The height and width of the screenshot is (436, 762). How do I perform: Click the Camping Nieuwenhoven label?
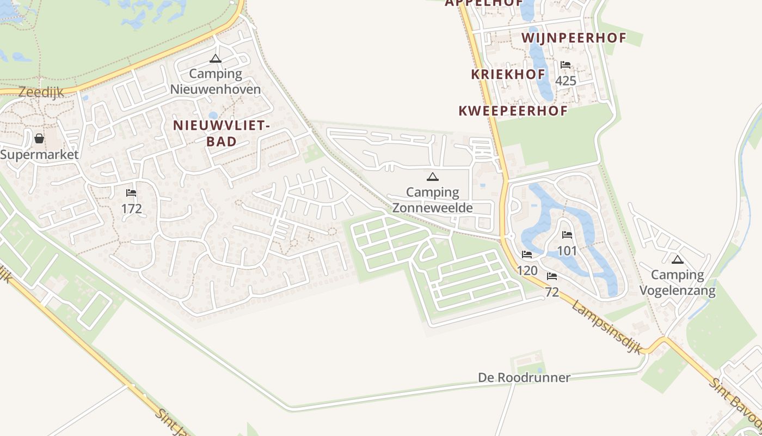[x=216, y=81]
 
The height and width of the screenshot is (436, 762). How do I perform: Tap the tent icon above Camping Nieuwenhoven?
[x=216, y=59]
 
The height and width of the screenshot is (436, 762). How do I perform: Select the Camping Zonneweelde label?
[x=433, y=199]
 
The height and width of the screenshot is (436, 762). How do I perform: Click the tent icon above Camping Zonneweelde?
[x=433, y=177]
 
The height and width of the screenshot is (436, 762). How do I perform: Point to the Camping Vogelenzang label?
[x=677, y=282]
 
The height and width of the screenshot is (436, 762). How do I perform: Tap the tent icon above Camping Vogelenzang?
[x=677, y=259]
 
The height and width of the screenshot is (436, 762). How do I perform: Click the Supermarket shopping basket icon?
[x=39, y=138]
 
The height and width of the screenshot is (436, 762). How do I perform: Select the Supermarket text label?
[x=39, y=154]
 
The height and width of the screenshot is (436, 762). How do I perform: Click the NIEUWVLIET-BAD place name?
[x=221, y=133]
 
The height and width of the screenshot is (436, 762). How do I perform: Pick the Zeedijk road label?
[x=41, y=92]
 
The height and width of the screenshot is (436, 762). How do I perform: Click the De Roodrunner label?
[x=524, y=377]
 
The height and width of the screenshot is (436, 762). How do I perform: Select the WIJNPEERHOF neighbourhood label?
[x=574, y=38]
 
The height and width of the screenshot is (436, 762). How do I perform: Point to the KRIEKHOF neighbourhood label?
[x=508, y=75]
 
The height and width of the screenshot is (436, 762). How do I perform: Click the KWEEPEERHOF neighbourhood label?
[x=513, y=111]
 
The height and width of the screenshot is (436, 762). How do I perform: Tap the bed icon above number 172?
[x=131, y=193]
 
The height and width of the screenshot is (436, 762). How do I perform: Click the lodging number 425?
[x=566, y=81]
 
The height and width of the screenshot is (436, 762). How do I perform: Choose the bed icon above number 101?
[x=567, y=235]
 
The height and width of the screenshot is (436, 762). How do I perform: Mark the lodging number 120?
[x=527, y=270]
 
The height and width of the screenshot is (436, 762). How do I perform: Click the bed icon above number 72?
[x=552, y=276]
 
